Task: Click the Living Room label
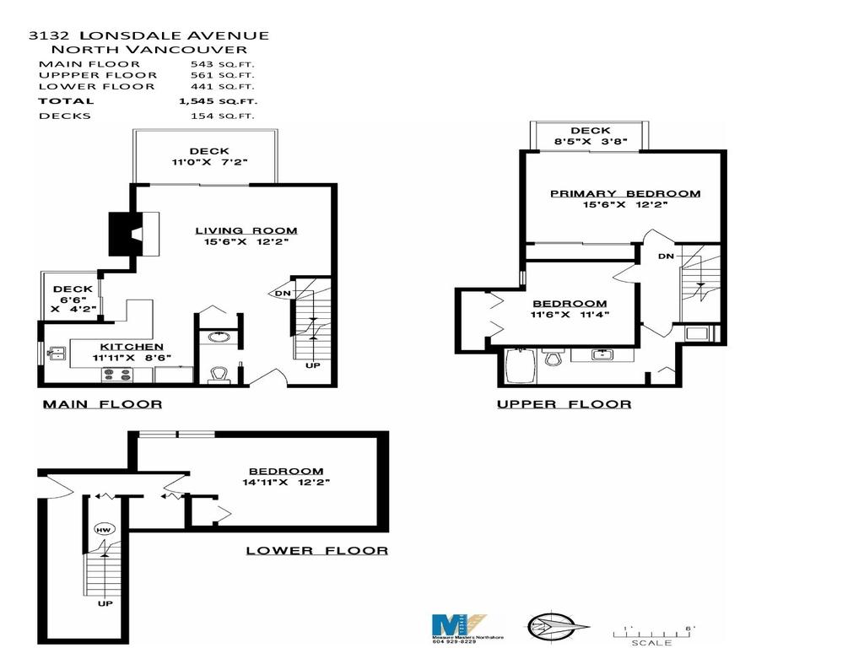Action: click(246, 230)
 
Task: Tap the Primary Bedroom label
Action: click(625, 193)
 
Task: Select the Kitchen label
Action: click(132, 347)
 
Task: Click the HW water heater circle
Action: click(104, 530)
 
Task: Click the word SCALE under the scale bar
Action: click(651, 643)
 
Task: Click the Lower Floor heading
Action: click(316, 550)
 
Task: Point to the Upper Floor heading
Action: click(564, 404)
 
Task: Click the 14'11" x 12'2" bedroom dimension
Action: click(285, 483)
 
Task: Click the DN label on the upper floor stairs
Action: click(666, 256)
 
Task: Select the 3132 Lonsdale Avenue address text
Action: click(148, 35)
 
